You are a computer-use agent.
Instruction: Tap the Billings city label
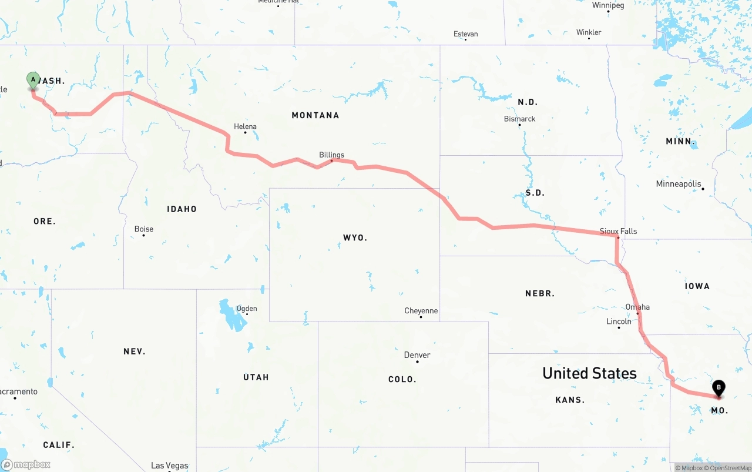coord(331,155)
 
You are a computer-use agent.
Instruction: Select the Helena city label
coord(245,126)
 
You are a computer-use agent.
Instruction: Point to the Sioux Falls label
coord(618,231)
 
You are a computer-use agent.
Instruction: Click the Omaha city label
coord(637,307)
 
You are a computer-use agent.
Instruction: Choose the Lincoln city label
coord(619,322)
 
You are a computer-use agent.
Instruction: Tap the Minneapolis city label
coord(679,184)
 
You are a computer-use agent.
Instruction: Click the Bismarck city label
coord(519,119)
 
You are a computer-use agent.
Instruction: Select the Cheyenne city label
coord(421,311)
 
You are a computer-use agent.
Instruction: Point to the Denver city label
coord(417,355)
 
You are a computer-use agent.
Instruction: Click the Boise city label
coord(143,229)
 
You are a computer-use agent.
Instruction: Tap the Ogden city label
coord(246,309)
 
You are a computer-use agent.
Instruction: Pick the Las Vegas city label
coord(169,466)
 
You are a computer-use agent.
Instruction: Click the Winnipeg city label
coord(608,5)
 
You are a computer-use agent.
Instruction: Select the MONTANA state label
coord(315,115)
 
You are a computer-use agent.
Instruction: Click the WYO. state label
coord(355,237)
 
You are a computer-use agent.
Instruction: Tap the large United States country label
coord(589,373)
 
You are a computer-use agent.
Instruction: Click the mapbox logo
coord(26,464)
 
